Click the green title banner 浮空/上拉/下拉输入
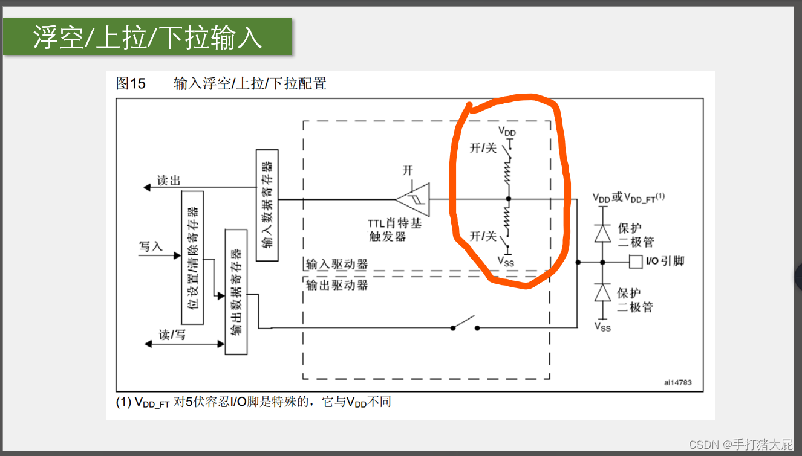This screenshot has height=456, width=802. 148,37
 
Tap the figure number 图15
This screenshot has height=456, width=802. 131,83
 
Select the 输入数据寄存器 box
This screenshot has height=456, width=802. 267,205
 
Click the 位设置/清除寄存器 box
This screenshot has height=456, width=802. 192,257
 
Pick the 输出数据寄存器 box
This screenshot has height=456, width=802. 236,291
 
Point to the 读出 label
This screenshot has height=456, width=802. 169,181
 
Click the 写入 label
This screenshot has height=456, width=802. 151,246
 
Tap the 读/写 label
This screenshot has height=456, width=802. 172,334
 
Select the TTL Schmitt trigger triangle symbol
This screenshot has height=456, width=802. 414,199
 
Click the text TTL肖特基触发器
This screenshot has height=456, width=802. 396,230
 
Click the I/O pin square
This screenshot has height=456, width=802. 635,262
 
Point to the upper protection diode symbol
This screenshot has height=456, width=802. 602,233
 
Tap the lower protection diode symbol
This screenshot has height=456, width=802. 602,293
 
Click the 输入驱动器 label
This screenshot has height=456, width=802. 337,264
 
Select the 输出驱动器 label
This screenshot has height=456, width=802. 337,284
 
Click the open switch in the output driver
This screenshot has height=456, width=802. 465,324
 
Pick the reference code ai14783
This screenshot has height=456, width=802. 677,382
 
